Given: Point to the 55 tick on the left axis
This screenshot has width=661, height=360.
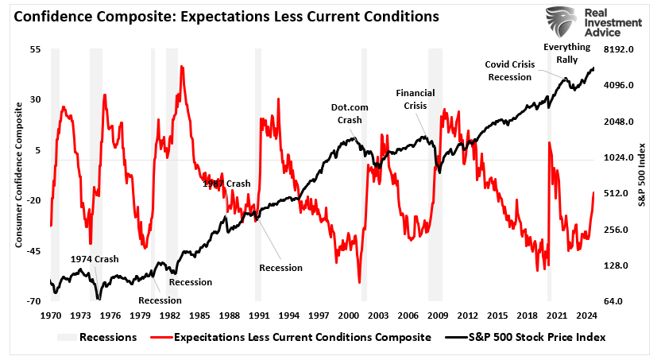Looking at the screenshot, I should coord(35,49).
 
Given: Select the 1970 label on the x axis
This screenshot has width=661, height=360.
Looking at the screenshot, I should coord(51,315).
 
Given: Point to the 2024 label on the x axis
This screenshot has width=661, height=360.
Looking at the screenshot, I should coord(587,315).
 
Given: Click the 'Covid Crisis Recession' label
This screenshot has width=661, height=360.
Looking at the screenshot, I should coord(508,70).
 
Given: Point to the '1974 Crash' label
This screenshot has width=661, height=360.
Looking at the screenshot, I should coord(94,259).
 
